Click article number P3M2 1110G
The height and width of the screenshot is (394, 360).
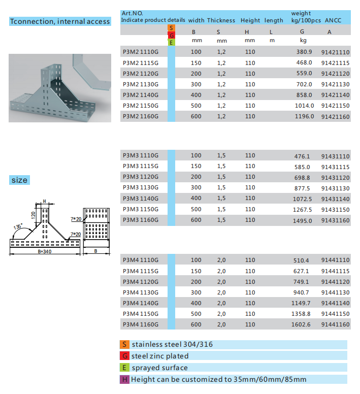pyautogui.click(x=141, y=52)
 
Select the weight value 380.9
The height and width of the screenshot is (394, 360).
pyautogui.click(x=304, y=52)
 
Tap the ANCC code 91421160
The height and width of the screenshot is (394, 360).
pyautogui.click(x=335, y=116)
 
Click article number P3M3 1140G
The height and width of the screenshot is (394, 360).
pyautogui.click(x=141, y=199)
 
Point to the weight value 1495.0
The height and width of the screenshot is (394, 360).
pyautogui.click(x=302, y=220)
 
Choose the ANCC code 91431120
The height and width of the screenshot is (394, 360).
pyautogui.click(x=335, y=178)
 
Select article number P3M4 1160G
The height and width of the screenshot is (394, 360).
pyautogui.click(x=141, y=324)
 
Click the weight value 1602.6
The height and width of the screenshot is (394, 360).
pyautogui.click(x=302, y=324)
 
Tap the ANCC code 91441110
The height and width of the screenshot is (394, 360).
pyautogui.click(x=335, y=260)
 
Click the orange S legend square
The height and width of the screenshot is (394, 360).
pyautogui.click(x=124, y=345)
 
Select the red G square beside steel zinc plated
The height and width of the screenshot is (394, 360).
pyautogui.click(x=124, y=356)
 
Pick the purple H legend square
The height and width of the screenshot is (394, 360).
pyautogui.click(x=124, y=379)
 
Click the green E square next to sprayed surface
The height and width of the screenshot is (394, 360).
pyautogui.click(x=124, y=368)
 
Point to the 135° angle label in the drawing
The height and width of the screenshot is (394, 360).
pyautogui.click(x=19, y=226)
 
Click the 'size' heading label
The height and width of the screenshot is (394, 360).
pyautogui.click(x=20, y=180)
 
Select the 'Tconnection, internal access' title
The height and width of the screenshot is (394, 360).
pyautogui.click(x=60, y=21)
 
